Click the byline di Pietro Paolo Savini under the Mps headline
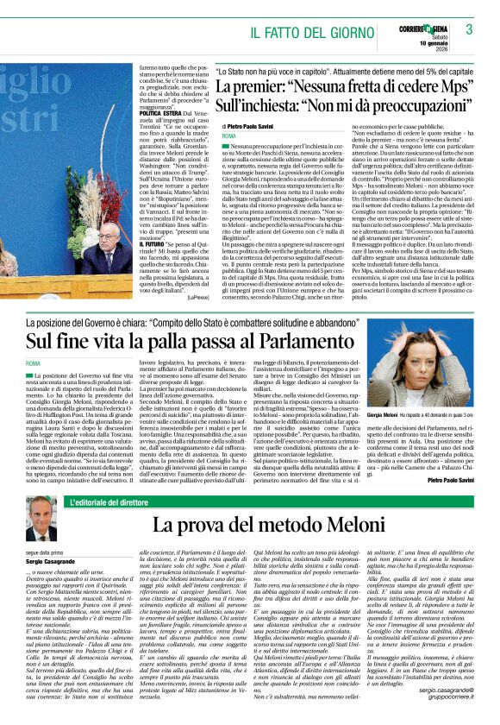(255, 125)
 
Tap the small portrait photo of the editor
(39, 518)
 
